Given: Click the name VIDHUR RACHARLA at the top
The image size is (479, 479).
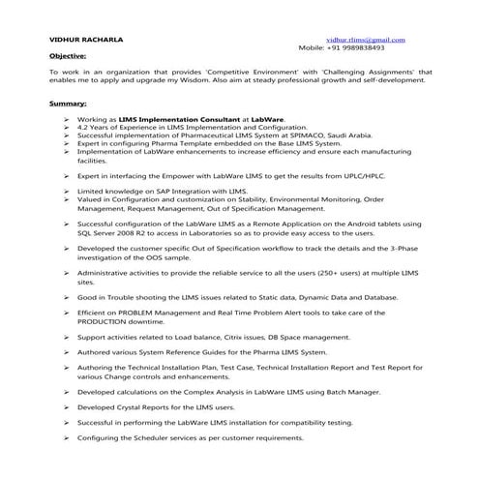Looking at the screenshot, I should point(84,39).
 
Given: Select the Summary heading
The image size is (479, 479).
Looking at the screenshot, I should point(67,101).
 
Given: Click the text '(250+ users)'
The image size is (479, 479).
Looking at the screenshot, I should point(329,274).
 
